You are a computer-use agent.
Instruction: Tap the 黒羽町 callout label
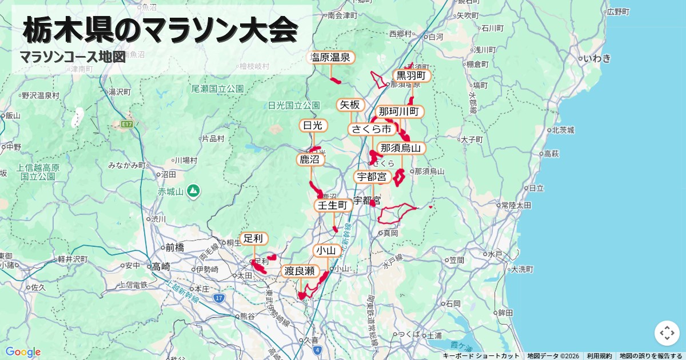tap(411, 75)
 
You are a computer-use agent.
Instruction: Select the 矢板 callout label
tap(350, 105)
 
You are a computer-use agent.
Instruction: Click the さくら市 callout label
tap(371, 129)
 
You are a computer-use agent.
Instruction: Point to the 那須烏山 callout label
tap(401, 148)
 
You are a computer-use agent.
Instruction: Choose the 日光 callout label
tap(313, 125)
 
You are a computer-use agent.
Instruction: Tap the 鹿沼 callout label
tap(310, 159)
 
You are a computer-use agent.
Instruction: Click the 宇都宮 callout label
tap(372, 177)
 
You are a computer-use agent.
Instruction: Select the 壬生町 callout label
tap(333, 205)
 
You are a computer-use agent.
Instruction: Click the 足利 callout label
tap(253, 238)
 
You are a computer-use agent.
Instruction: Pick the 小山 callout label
tap(328, 250)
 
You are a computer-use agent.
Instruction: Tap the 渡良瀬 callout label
tap(300, 271)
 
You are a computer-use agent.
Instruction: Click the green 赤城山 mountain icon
tap(193, 190)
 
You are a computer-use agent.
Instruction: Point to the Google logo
tap(23, 351)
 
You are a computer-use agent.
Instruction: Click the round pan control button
tap(667, 333)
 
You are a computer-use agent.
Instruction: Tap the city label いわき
tap(597, 58)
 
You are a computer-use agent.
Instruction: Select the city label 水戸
tap(495, 253)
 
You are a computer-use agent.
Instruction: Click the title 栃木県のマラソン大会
tap(161, 30)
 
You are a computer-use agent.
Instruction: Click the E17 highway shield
tap(127, 123)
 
